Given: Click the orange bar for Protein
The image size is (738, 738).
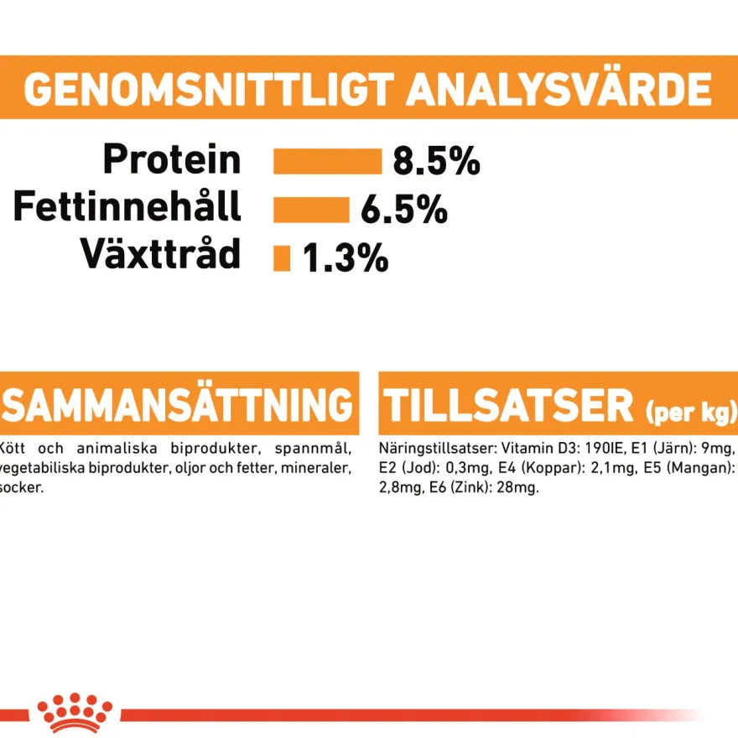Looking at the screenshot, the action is (x=328, y=161).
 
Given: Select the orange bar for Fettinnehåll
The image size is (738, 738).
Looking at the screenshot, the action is (x=312, y=210).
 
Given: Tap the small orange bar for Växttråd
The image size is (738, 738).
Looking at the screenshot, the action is (x=282, y=258).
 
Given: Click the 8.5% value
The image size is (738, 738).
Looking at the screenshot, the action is (x=436, y=161).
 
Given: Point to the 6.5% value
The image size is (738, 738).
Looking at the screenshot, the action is (x=404, y=210).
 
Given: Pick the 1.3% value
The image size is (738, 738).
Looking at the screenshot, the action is (x=346, y=258).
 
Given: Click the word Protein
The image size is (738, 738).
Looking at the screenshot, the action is (x=172, y=159).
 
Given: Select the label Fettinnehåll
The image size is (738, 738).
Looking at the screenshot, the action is (x=127, y=205).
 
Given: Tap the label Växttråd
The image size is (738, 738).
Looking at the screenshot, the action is (x=160, y=253).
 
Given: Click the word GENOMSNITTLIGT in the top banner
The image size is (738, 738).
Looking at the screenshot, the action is (x=209, y=89).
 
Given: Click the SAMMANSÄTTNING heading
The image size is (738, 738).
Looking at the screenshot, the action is (x=178, y=405).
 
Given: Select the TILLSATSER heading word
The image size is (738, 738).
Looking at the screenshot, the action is (x=508, y=406).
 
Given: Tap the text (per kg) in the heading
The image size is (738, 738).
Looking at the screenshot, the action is (x=691, y=413).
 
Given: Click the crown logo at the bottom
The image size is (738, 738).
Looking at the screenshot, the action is (x=75, y=713).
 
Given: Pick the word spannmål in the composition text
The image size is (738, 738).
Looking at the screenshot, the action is (x=313, y=449).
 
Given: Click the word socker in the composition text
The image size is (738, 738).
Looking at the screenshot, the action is (x=21, y=487).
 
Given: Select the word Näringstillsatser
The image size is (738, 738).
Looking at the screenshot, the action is (x=438, y=449).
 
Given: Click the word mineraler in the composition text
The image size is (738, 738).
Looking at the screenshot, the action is (x=316, y=468).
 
